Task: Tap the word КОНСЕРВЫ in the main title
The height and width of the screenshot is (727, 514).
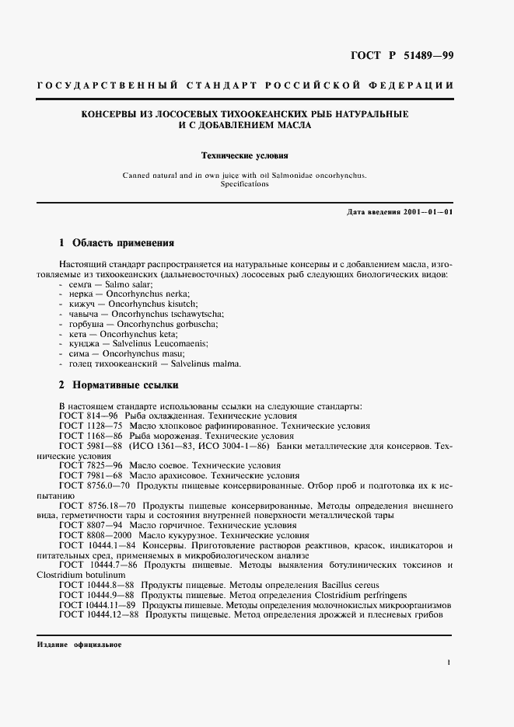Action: (x=114, y=114)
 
